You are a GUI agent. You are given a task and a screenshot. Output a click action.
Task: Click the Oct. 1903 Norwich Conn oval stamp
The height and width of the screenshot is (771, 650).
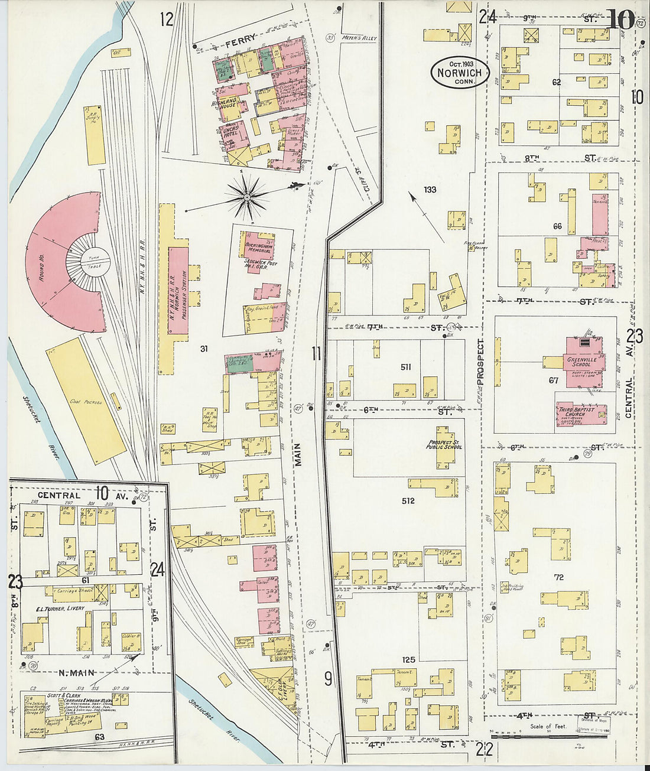coord(460,73)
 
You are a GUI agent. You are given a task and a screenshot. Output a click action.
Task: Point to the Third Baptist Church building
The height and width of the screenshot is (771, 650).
coord(580,414)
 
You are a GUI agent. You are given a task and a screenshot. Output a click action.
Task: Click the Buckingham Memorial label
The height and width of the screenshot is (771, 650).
coord(258,247)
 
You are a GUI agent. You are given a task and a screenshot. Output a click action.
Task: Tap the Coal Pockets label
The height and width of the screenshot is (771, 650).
coord(86,402)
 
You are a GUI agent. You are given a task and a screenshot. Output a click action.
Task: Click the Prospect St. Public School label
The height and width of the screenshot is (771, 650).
coord(444,444)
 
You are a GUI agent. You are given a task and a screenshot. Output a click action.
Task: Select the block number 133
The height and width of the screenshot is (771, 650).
coord(430,190)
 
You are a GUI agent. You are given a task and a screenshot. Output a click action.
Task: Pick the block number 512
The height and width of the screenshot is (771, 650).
coord(408,501)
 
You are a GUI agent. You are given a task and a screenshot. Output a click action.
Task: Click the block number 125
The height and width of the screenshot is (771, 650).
coord(408,659)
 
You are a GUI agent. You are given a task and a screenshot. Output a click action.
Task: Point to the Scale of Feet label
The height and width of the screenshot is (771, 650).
coord(548,726)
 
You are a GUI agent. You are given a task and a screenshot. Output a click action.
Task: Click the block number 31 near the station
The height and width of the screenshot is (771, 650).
coord(204,349)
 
